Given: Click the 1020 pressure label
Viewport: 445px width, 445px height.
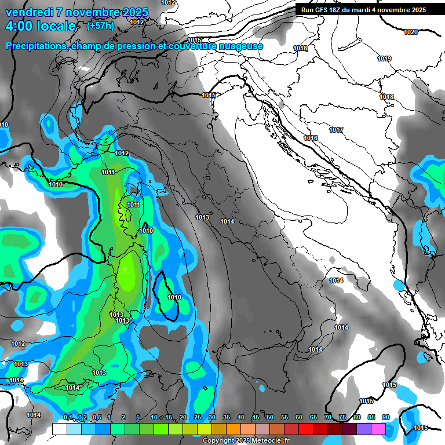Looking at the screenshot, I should (x=410, y=32).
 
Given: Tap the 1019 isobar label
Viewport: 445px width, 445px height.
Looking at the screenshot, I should (x=384, y=59).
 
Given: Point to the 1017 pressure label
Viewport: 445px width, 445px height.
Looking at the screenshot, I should (x=336, y=130).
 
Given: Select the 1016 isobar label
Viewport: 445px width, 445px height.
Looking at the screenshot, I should (x=311, y=138).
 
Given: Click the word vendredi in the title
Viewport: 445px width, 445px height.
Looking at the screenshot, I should (x=28, y=12).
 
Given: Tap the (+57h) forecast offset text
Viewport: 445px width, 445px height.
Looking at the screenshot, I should (x=101, y=26).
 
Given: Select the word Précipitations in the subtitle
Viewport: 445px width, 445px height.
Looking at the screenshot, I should (x=35, y=46).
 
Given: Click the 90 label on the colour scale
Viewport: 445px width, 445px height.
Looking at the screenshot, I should (x=385, y=418).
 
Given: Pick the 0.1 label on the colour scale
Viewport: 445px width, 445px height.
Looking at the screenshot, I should (x=68, y=418).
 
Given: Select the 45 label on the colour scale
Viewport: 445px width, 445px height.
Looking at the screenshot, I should (x=256, y=418).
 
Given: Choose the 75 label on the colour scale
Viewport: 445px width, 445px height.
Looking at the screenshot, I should (x=342, y=418).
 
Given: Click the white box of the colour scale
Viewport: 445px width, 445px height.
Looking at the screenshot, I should (x=59, y=429).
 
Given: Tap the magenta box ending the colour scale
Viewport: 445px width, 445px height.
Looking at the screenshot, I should (x=378, y=429).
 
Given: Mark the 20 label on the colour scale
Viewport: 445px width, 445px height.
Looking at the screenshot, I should (x=183, y=418).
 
